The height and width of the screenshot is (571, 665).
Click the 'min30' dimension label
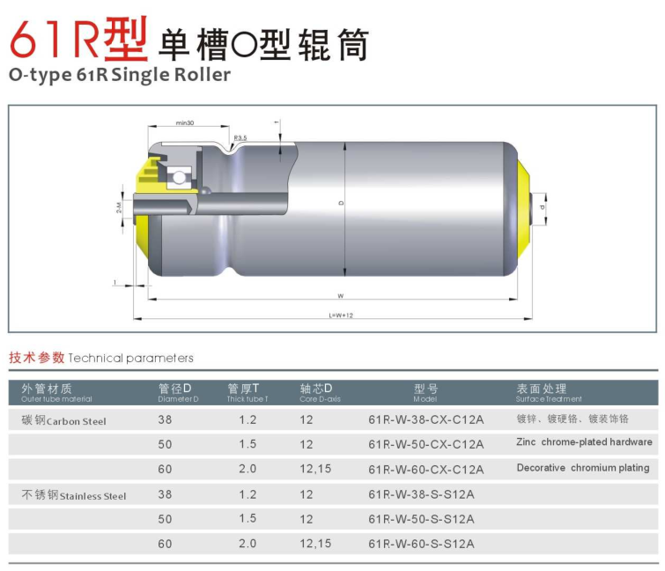pos(185,122)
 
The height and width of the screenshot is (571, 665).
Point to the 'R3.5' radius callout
pos(240,137)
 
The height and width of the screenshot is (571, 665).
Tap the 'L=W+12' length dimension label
pos(341,314)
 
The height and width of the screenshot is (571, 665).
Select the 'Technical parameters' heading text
pos(130,358)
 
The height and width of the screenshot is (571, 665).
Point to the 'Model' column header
pos(425,393)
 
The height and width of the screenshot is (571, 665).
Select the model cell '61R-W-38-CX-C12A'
pos(425,420)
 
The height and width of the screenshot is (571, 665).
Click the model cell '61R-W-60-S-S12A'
pos(421,544)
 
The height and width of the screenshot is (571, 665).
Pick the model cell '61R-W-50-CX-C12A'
pos(425,444)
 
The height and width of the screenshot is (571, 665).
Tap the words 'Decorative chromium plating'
pos(582,468)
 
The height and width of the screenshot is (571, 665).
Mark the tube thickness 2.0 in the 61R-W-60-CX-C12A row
pos(248,469)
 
